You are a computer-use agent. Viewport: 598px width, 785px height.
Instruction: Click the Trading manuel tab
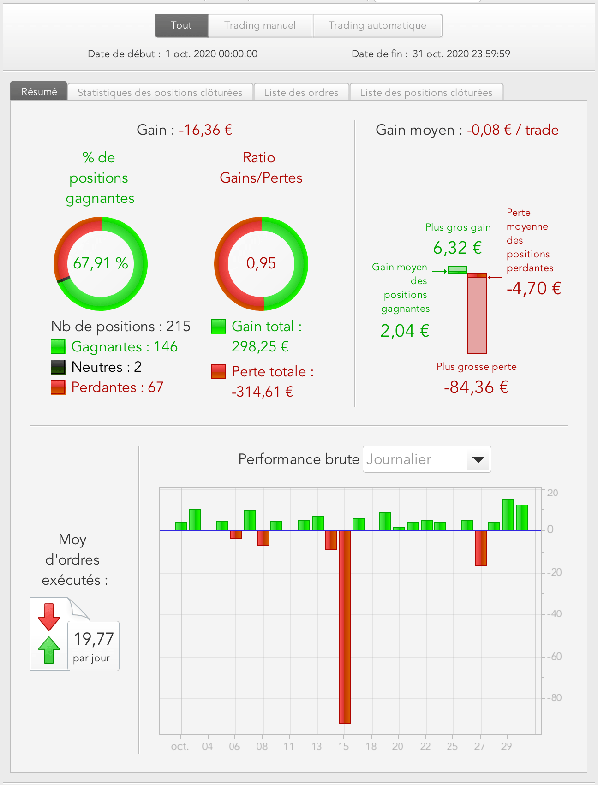260,25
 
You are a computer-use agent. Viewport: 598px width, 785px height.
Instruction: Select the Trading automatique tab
377,25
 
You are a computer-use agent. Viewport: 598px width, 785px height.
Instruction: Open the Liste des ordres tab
301,92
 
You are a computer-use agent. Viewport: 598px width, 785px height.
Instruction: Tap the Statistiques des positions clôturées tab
160,92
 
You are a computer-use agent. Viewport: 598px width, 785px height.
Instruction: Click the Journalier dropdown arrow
478,459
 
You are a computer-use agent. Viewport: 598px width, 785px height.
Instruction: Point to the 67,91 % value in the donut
101,263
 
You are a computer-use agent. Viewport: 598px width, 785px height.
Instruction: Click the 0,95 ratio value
261,263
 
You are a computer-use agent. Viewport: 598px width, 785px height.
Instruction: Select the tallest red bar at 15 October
344,627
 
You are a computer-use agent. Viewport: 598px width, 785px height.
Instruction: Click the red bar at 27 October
481,548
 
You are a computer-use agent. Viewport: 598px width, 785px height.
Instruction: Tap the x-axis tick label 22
425,746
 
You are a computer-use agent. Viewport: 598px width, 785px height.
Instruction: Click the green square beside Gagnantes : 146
58,347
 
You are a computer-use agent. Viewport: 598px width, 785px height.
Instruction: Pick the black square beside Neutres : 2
58,367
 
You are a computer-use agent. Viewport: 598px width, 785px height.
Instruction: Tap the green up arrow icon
49,650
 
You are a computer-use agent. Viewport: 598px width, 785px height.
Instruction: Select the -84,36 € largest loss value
476,387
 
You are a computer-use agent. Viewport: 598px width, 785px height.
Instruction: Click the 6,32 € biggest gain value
457,248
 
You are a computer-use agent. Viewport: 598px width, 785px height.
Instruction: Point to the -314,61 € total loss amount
262,392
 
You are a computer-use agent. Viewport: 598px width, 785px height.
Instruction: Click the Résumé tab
39,92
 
